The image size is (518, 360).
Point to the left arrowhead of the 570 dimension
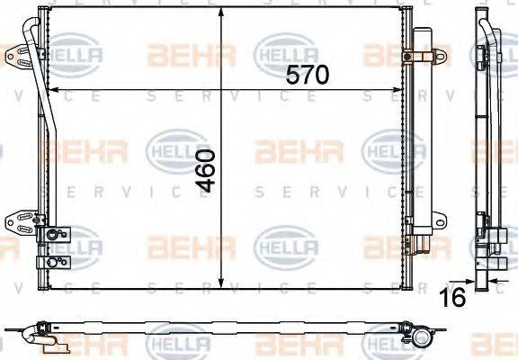[x=50, y=90]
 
